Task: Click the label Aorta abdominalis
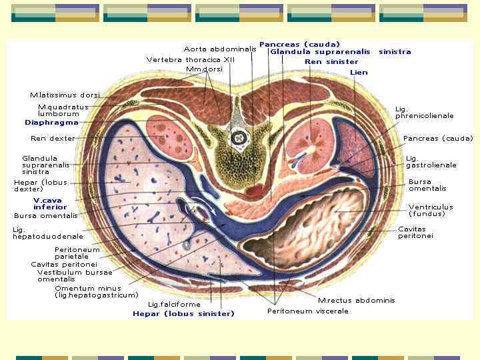click(219, 49)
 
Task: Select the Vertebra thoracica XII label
click(191, 59)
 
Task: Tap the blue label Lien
click(359, 72)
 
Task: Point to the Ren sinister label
click(331, 62)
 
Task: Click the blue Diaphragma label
click(51, 123)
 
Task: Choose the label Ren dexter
click(53, 139)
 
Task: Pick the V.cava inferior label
click(50, 203)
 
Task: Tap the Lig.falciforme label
click(174, 305)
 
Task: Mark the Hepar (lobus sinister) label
click(183, 313)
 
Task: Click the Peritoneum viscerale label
click(307, 311)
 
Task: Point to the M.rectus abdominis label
click(356, 301)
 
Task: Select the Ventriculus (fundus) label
click(430, 210)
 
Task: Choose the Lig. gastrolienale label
click(431, 161)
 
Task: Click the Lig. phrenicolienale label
click(424, 112)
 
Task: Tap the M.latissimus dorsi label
click(65, 95)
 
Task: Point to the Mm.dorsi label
click(204, 69)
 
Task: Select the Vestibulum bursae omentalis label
click(75, 275)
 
